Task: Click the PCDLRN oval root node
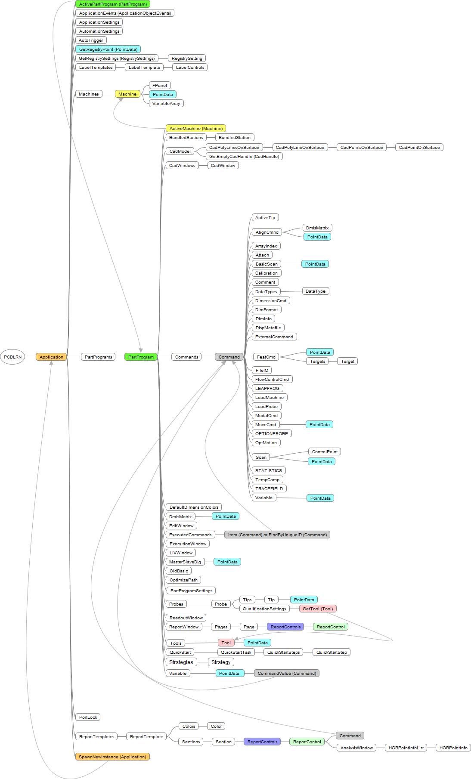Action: click(x=12, y=357)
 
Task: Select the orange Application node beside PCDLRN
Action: click(x=51, y=357)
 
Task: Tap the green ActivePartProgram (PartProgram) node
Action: click(x=113, y=4)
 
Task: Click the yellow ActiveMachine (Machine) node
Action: click(x=196, y=128)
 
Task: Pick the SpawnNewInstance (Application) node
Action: click(x=112, y=757)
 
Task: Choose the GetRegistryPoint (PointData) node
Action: click(x=108, y=49)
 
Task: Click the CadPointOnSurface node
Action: click(x=419, y=147)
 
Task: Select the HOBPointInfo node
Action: click(x=453, y=748)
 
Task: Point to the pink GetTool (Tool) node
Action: click(x=318, y=609)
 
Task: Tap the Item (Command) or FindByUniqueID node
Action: click(x=277, y=535)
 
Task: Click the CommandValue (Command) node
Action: click(x=287, y=673)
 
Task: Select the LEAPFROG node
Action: click(x=267, y=388)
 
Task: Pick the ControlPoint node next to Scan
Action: click(x=325, y=451)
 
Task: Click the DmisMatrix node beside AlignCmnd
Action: click(x=317, y=228)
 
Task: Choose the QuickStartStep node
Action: click(x=332, y=652)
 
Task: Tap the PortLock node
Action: click(x=88, y=717)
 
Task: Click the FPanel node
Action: click(x=160, y=85)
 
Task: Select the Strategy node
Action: click(x=221, y=662)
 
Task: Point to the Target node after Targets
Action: click(x=347, y=361)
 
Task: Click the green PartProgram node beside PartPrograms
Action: click(x=141, y=357)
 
